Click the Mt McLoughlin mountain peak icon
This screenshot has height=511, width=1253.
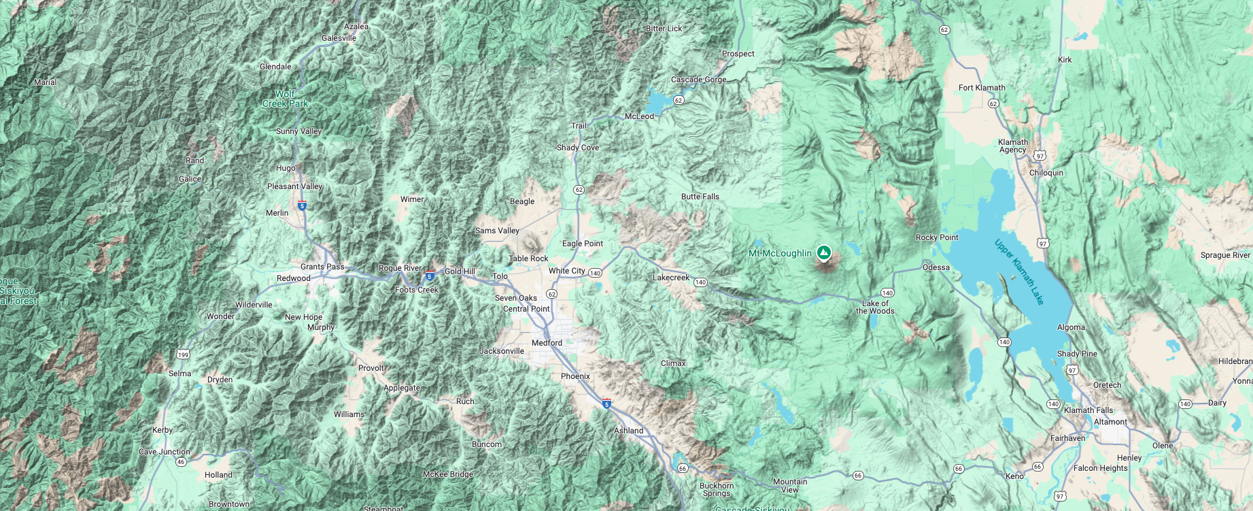click(823, 253)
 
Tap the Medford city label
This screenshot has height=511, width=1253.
click(547, 343)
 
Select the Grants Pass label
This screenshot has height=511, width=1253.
click(322, 267)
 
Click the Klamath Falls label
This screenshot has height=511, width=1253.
click(1088, 410)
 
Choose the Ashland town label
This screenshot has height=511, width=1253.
click(628, 431)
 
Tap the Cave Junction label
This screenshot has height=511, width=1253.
click(165, 452)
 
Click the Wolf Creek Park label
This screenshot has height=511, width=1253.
click(286, 99)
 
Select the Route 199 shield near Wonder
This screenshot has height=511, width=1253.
click(183, 355)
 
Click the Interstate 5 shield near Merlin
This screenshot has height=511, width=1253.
click(302, 205)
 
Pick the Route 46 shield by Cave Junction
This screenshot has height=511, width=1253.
click(181, 462)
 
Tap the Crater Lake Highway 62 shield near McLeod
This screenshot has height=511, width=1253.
click(679, 101)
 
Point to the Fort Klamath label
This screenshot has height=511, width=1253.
click(981, 88)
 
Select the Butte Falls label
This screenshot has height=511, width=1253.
click(700, 197)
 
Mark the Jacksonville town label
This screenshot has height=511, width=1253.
click(502, 351)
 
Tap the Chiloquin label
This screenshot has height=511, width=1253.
click(1046, 173)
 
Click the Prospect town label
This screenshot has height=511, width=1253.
click(738, 54)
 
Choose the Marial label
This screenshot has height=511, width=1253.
click(46, 82)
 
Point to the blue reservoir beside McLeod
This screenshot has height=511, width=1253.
click(657, 102)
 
